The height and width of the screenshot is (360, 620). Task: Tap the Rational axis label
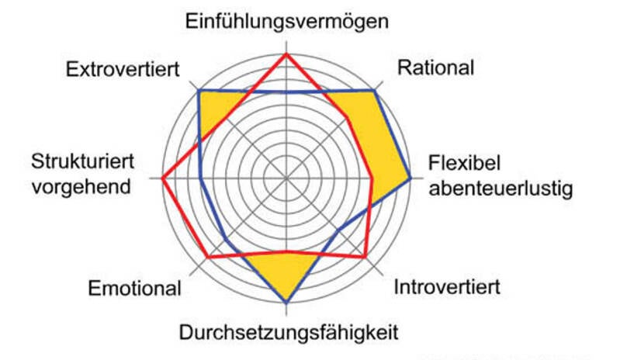(435, 67)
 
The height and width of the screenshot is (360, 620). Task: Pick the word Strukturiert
(84, 163)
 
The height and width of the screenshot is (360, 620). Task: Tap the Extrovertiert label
(123, 69)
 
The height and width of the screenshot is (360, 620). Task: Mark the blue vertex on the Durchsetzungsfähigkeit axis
(287, 301)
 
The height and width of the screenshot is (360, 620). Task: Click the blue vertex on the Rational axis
(375, 91)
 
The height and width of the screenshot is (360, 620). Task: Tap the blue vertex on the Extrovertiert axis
(199, 91)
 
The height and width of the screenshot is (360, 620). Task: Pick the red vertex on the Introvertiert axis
(365, 256)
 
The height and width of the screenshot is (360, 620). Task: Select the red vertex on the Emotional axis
(208, 257)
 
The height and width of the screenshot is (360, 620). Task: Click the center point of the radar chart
(287, 178)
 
